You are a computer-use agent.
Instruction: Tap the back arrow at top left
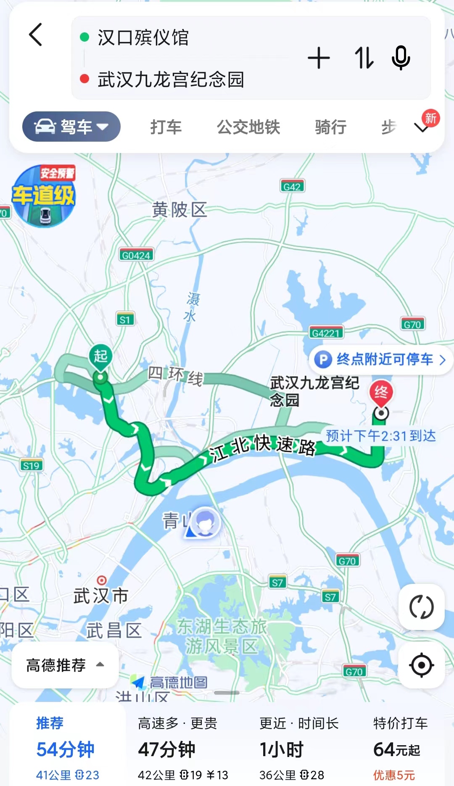[x=36, y=34]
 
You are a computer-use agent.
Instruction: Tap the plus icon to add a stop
[x=319, y=58]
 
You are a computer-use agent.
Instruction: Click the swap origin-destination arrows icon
[x=364, y=58]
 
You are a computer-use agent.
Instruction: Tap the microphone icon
[x=401, y=58]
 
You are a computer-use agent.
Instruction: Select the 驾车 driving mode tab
[x=71, y=127]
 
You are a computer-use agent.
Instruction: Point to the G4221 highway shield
[x=326, y=333]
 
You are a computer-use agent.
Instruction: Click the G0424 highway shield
[x=136, y=255]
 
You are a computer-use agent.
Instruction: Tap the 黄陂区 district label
[x=179, y=209]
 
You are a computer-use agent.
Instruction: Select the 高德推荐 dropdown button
[x=65, y=665]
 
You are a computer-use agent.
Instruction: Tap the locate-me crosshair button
[x=421, y=665]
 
